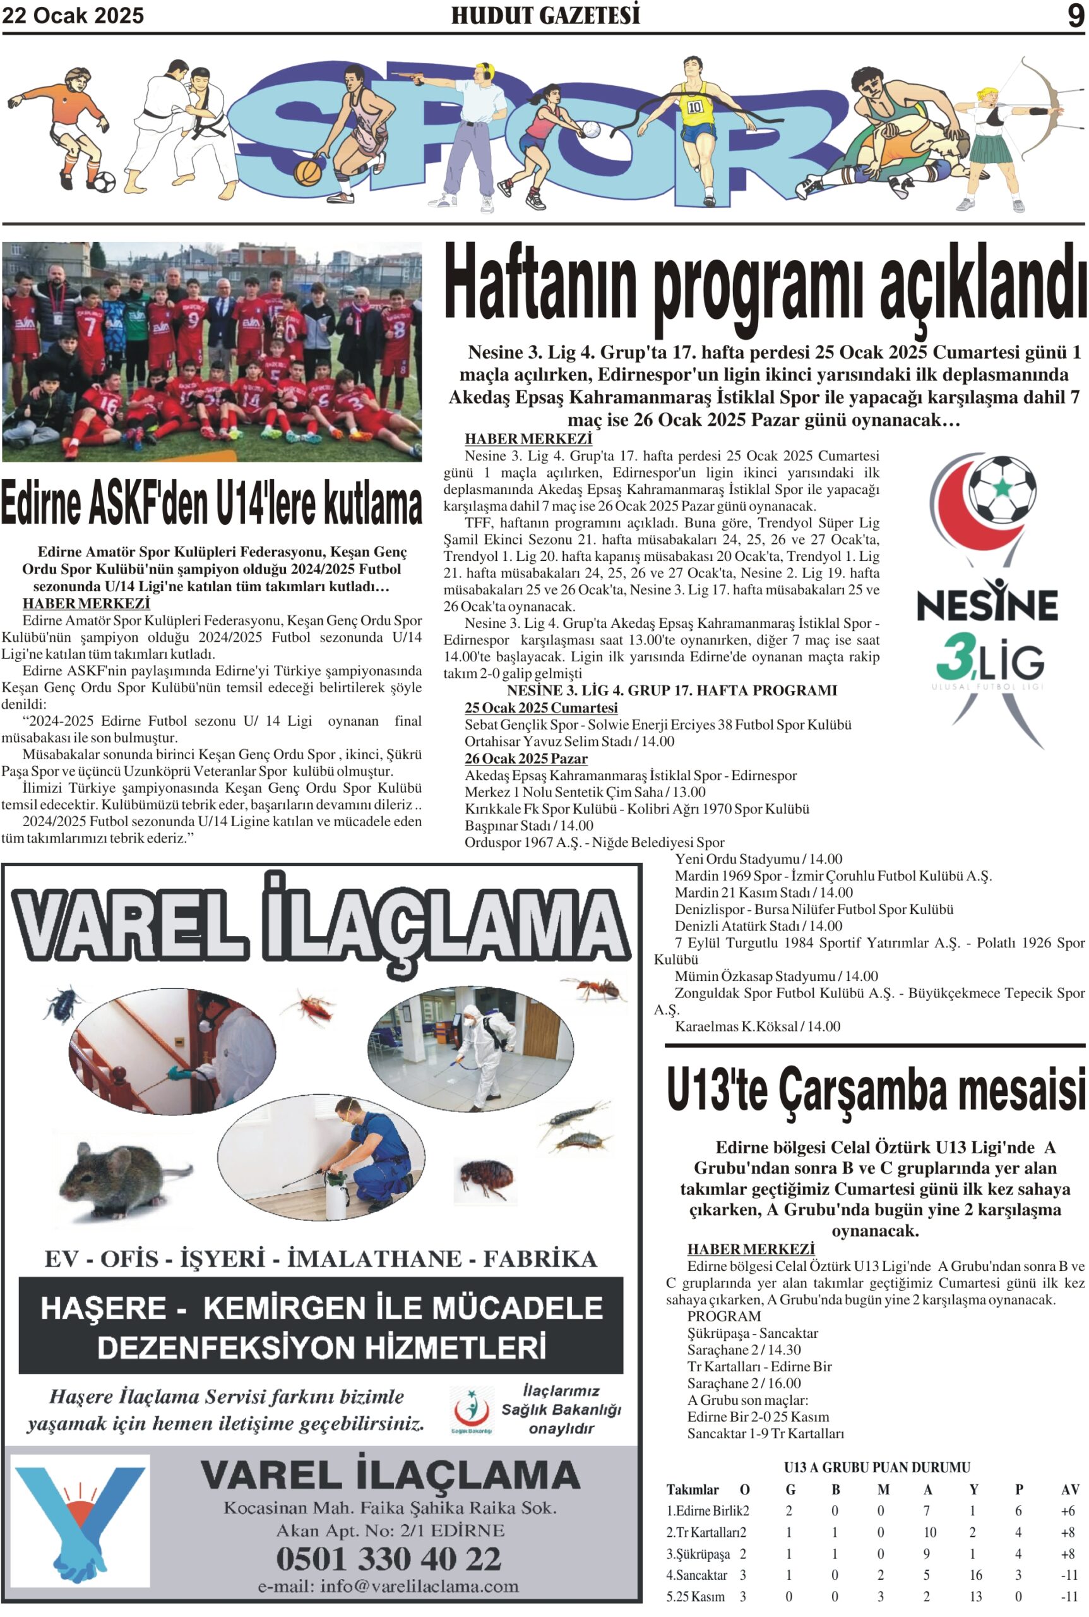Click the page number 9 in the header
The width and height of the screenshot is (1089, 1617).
[1075, 15]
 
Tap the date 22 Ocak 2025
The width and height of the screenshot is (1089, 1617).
[73, 16]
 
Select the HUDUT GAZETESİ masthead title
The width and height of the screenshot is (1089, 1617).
[545, 15]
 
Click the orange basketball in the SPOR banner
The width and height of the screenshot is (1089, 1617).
[307, 172]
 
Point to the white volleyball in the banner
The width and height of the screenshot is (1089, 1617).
[590, 129]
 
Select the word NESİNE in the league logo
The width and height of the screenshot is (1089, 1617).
[987, 604]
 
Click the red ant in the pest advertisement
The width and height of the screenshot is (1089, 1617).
[595, 987]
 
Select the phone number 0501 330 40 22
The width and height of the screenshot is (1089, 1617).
[388, 1558]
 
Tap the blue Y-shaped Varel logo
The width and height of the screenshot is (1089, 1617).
[80, 1520]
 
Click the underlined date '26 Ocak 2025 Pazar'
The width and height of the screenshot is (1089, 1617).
[526, 759]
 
